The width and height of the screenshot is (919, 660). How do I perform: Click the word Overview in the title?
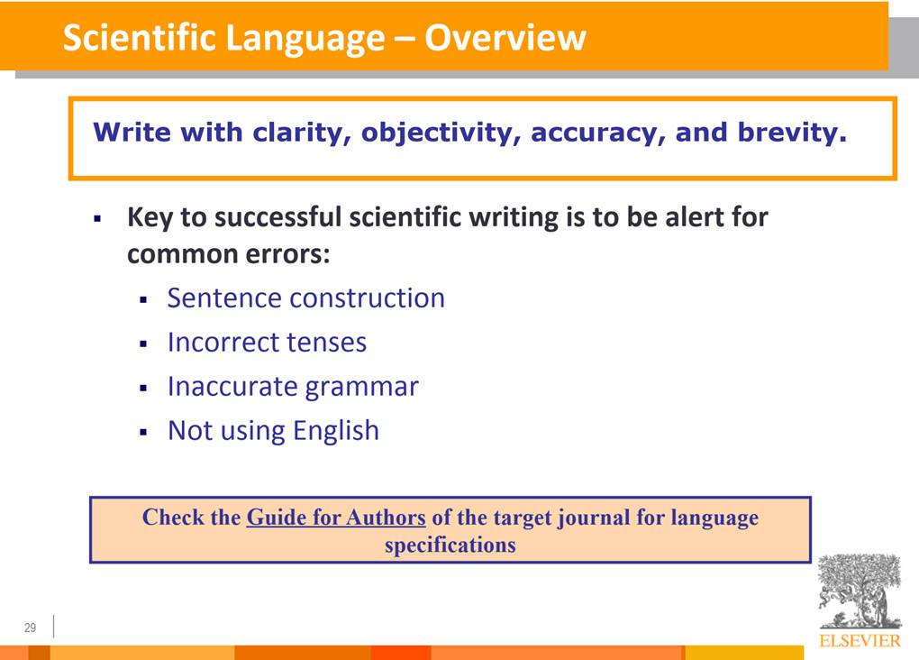[x=505, y=38]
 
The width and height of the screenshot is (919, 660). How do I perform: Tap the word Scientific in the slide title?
[x=139, y=38]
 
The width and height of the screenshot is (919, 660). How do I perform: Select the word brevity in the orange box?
[x=792, y=133]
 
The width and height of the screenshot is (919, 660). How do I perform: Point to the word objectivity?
[x=441, y=133]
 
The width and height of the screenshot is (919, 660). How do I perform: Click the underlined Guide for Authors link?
[x=336, y=518]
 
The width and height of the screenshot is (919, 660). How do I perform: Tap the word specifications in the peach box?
[x=450, y=545]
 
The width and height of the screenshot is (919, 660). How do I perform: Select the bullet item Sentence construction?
[x=306, y=298]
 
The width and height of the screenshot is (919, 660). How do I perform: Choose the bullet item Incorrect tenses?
[x=267, y=342]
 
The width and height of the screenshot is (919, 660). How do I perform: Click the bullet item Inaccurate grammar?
[x=293, y=387]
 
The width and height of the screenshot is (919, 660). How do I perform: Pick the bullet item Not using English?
[x=273, y=431]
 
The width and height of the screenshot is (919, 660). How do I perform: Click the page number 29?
[x=31, y=628]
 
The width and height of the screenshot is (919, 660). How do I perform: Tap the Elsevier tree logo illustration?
[x=860, y=591]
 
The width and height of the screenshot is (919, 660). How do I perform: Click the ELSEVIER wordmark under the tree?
[x=860, y=641]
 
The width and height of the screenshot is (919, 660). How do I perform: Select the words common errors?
[x=229, y=254]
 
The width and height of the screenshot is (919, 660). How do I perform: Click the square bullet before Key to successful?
[x=97, y=220]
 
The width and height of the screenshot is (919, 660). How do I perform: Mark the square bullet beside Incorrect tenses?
[x=143, y=344]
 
